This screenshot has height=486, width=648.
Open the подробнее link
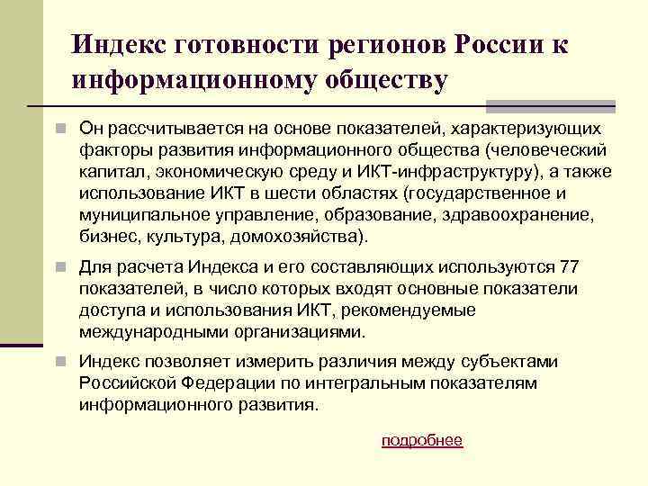(422, 440)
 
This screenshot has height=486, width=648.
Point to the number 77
(571, 267)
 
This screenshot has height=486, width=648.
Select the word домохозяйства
(293, 238)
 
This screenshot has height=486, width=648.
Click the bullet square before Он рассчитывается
(58, 128)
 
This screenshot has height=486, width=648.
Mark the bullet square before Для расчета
(58, 267)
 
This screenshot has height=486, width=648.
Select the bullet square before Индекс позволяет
(58, 361)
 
